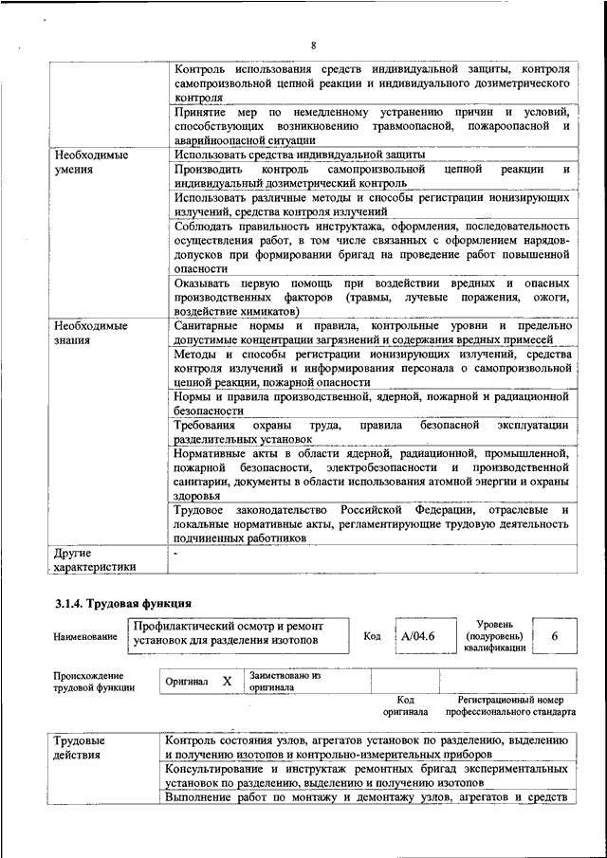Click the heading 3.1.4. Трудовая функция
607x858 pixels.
click(x=123, y=603)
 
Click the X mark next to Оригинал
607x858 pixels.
click(x=227, y=681)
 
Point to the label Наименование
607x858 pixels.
click(x=86, y=637)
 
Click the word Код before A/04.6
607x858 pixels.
click(x=373, y=636)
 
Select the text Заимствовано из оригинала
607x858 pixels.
click(x=285, y=681)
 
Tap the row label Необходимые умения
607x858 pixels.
click(x=91, y=162)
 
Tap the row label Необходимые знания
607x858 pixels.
click(x=91, y=334)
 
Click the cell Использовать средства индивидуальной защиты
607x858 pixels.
click(x=299, y=155)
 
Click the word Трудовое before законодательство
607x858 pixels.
click(x=203, y=512)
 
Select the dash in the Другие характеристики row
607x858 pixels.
click(x=175, y=551)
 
